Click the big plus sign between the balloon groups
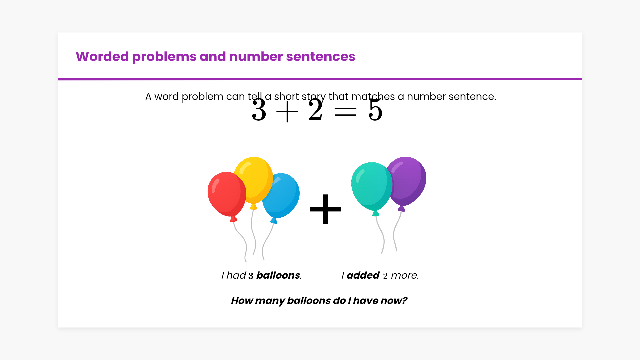326,209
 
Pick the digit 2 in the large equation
316,110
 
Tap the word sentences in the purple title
321,57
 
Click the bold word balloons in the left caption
278,275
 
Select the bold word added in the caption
363,275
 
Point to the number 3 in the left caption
251,276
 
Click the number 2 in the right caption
385,276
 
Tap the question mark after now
404,301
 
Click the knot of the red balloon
234,219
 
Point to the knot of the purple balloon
402,209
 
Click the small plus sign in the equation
287,112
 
